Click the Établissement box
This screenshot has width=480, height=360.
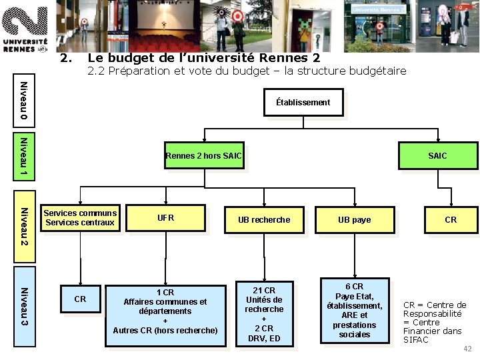[x=303, y=102]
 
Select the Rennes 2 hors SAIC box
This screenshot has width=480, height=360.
[x=203, y=156]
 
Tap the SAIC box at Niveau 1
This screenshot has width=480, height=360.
[x=437, y=156]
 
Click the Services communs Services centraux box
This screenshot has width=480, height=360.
[x=80, y=218]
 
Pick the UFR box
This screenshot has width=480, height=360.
[x=165, y=218]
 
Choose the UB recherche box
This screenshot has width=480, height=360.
[x=264, y=219]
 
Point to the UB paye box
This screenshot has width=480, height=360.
[x=354, y=219]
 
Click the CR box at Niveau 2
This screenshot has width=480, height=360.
[x=451, y=219]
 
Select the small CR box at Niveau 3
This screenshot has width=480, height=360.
[x=80, y=299]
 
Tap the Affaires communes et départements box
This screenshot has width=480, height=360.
[x=165, y=311]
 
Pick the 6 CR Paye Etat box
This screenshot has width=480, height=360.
[x=354, y=310]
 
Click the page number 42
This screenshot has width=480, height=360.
[x=467, y=349]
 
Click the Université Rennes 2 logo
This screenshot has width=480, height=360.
[x=25, y=27]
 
